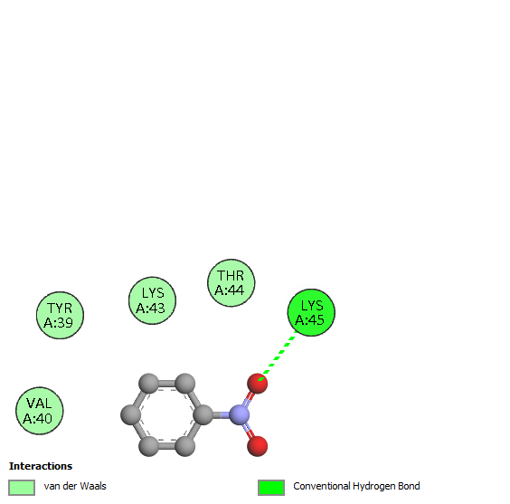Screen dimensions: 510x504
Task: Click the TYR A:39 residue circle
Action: pos(60,315)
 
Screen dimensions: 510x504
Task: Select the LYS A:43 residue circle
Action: pos(152,300)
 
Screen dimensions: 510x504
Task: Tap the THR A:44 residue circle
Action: pos(231,282)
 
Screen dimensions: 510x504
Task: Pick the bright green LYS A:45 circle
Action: pos(311,312)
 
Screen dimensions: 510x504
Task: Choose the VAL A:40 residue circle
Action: pos(40,411)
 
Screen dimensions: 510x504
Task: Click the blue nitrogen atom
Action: pos(240,414)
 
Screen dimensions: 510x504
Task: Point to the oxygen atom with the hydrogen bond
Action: pos(258,384)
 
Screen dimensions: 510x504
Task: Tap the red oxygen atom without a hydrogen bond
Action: pos(258,446)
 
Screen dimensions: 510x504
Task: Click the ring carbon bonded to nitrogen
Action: pos(203,414)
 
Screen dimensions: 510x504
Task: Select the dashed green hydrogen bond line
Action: pos(277,356)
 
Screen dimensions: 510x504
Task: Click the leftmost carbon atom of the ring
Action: pos(131,414)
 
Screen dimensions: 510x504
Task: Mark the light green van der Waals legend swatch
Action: pos(22,488)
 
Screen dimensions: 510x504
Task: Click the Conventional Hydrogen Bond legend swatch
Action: pos(271,488)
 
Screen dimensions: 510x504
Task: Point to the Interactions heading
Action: pos(41,466)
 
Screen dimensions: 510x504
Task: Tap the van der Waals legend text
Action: pos(75,486)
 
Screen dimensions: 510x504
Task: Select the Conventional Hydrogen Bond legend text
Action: pos(356,486)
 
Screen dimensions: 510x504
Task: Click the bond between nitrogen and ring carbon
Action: pos(222,414)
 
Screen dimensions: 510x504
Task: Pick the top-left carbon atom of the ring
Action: pos(148,384)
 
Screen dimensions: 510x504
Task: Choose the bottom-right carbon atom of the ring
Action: pos(185,446)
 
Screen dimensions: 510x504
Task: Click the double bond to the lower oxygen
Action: pos(248,430)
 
